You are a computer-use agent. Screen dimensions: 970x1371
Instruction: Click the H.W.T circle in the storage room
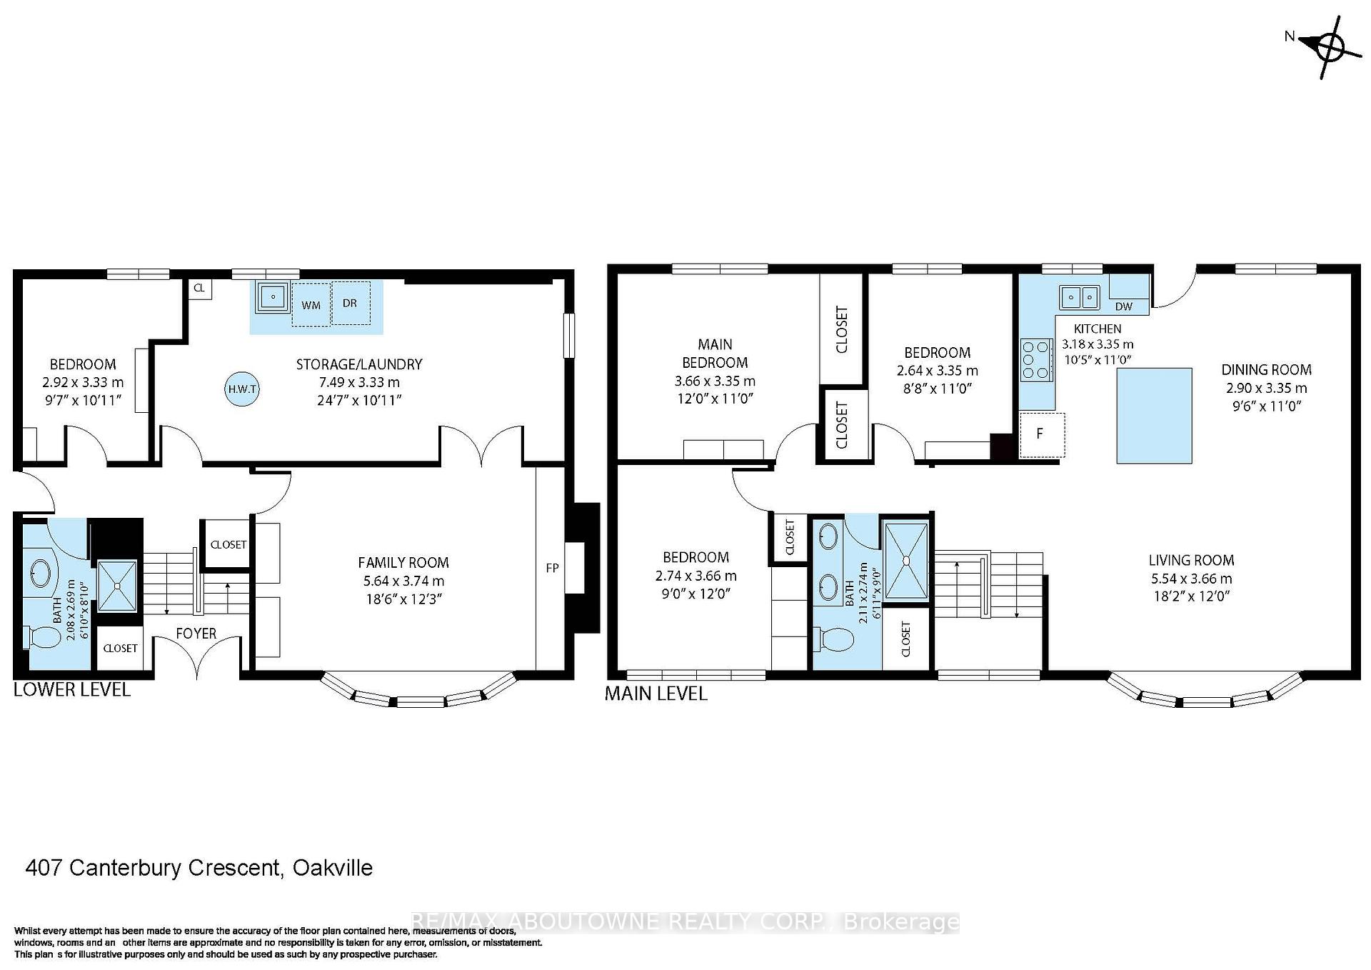point(242,389)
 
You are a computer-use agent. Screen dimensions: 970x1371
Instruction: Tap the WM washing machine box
point(311,305)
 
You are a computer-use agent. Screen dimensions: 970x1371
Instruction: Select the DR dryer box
point(350,303)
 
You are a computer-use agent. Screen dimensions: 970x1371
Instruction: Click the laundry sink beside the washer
point(273,296)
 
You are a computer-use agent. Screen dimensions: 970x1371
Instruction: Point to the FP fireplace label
point(552,569)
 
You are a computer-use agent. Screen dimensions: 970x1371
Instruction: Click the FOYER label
point(196,634)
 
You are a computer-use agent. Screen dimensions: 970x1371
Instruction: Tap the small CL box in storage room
point(199,288)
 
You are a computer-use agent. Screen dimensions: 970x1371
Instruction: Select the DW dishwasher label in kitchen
point(1123,306)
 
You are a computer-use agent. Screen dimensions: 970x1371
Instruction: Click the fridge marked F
point(1041,434)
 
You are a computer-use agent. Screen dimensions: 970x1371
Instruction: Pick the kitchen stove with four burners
point(1037,359)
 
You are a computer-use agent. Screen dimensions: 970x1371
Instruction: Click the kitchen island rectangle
point(1154,415)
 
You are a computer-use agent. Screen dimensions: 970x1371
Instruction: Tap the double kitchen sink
point(1080,296)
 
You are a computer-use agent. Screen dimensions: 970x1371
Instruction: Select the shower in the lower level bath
point(116,586)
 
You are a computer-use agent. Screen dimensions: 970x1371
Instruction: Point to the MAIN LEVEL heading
point(656,694)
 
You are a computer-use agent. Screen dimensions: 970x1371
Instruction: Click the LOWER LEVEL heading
point(72,690)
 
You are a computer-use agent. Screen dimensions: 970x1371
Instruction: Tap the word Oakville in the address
point(333,868)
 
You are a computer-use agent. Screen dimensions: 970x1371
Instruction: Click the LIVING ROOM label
point(1191,561)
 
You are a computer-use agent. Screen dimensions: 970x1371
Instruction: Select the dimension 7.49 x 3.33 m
point(359,382)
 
